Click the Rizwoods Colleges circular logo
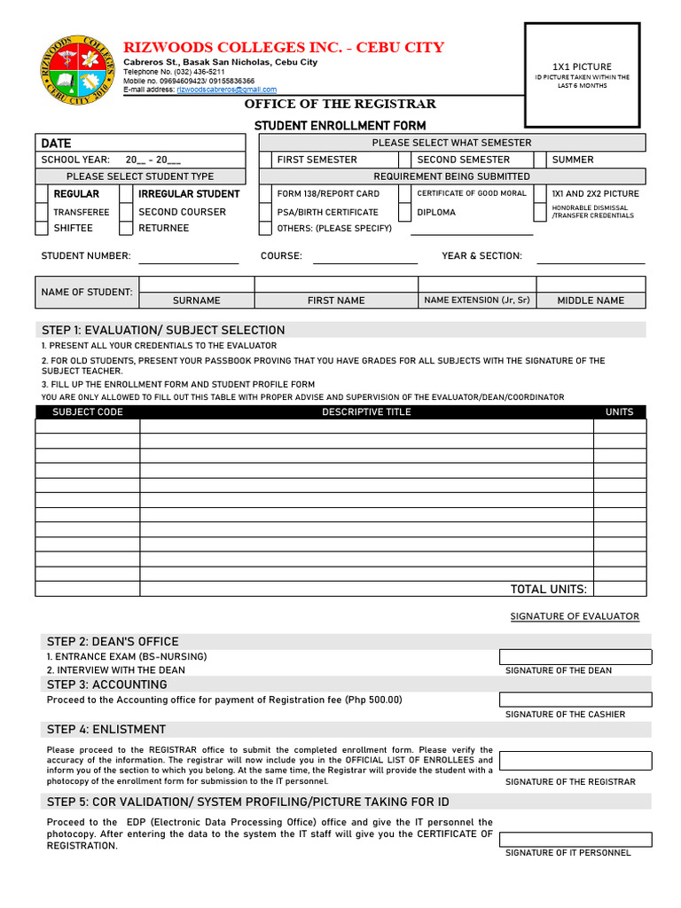(77, 70)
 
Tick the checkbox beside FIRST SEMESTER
(265, 160)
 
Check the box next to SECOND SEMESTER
(404, 160)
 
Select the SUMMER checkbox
(540, 160)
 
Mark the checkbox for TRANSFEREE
(42, 212)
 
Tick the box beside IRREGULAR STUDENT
(126, 193)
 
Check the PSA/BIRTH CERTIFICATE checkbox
(265, 212)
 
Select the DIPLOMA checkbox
(404, 212)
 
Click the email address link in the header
(226, 90)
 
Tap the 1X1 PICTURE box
(582, 74)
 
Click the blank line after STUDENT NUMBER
(188, 256)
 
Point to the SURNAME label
(197, 301)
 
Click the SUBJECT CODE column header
(88, 412)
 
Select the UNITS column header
(619, 412)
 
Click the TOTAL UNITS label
(548, 590)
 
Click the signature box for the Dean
(575, 657)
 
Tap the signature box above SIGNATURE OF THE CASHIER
(575, 700)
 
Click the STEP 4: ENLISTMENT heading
(106, 730)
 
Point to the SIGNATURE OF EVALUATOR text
(575, 616)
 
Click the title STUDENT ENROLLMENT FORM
(340, 126)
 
